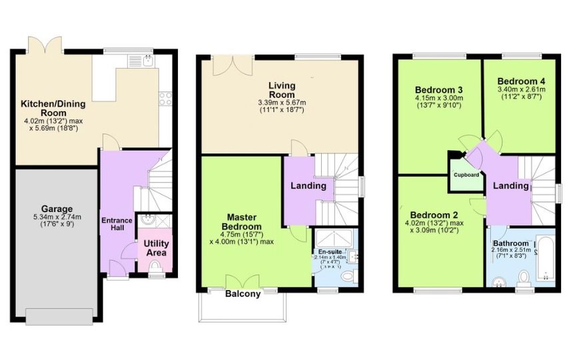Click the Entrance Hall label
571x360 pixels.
(x=117, y=224)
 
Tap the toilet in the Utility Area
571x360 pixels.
(x=156, y=268)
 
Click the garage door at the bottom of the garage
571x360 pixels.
(x=59, y=316)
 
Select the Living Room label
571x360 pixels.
(x=282, y=89)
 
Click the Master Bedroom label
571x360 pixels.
(x=247, y=221)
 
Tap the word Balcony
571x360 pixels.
(x=243, y=294)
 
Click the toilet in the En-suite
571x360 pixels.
(x=346, y=275)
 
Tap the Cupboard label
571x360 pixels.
(x=466, y=175)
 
